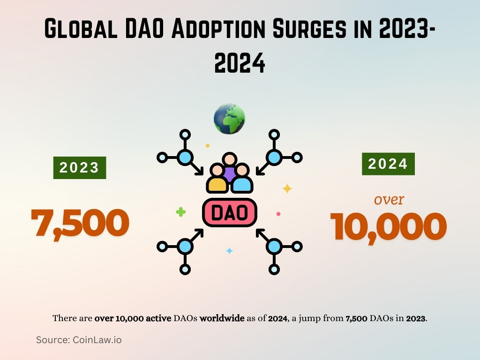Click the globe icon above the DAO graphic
click(229, 119)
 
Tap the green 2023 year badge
click(79, 167)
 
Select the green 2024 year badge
click(388, 164)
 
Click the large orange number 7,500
click(80, 222)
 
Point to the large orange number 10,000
click(388, 227)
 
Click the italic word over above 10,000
click(389, 200)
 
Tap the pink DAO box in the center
click(230, 213)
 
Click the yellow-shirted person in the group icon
click(217, 180)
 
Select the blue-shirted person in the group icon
click(242, 180)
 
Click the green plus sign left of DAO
click(180, 212)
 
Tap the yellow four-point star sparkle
click(287, 188)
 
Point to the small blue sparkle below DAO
click(229, 251)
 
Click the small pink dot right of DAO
click(278, 214)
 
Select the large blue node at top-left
click(185, 157)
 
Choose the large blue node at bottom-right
click(274, 246)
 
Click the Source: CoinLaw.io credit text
click(79, 340)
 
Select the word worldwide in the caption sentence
click(222, 318)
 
